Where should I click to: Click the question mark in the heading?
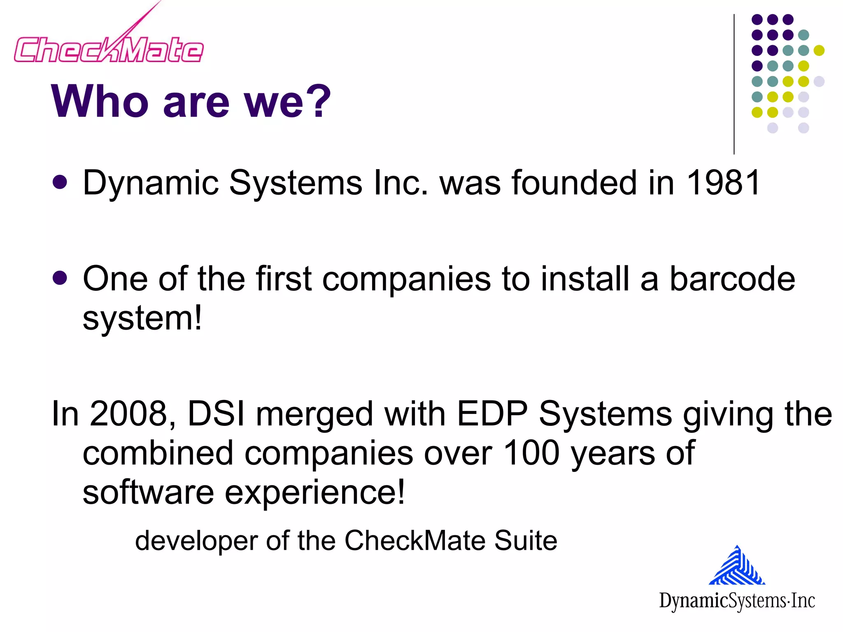coord(315,101)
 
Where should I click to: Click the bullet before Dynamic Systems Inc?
coord(60,182)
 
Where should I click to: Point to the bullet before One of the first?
coord(60,278)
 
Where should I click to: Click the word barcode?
coord(732,279)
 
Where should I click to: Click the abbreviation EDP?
coord(492,414)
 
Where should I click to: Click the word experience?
coord(315,493)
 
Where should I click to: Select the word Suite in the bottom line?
coord(526,540)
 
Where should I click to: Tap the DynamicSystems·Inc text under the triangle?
coord(737,600)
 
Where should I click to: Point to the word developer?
coord(196,541)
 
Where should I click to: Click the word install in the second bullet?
coord(585,279)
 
